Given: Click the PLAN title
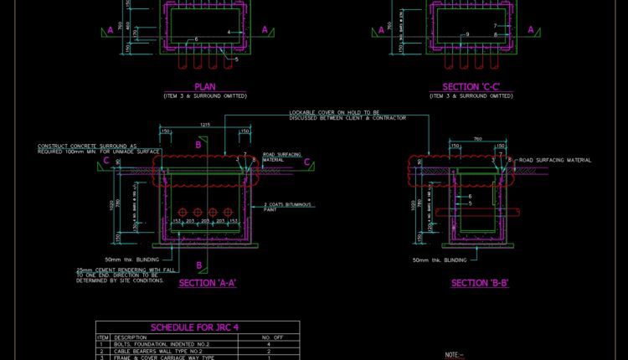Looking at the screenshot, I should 205,86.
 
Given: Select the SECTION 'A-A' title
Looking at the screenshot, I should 208,284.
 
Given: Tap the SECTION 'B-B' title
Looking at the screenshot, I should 480,284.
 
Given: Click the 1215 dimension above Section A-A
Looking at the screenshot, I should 203,125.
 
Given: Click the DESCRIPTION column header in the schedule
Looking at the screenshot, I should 130,337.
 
